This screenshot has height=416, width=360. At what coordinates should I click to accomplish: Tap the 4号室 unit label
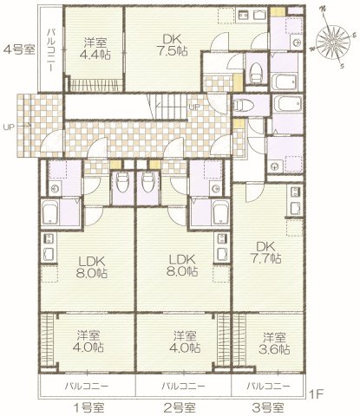pyautogui.click(x=18, y=49)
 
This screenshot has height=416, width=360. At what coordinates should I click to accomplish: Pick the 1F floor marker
pyautogui.click(x=317, y=393)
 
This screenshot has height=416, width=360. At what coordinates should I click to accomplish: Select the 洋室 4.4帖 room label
pyautogui.click(x=95, y=49)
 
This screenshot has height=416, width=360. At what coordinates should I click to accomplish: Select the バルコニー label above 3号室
pyautogui.click(x=265, y=385)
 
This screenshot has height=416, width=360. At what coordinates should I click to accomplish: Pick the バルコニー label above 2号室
pyautogui.click(x=182, y=385)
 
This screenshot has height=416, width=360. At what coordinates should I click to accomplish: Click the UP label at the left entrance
pyautogui.click(x=10, y=127)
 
